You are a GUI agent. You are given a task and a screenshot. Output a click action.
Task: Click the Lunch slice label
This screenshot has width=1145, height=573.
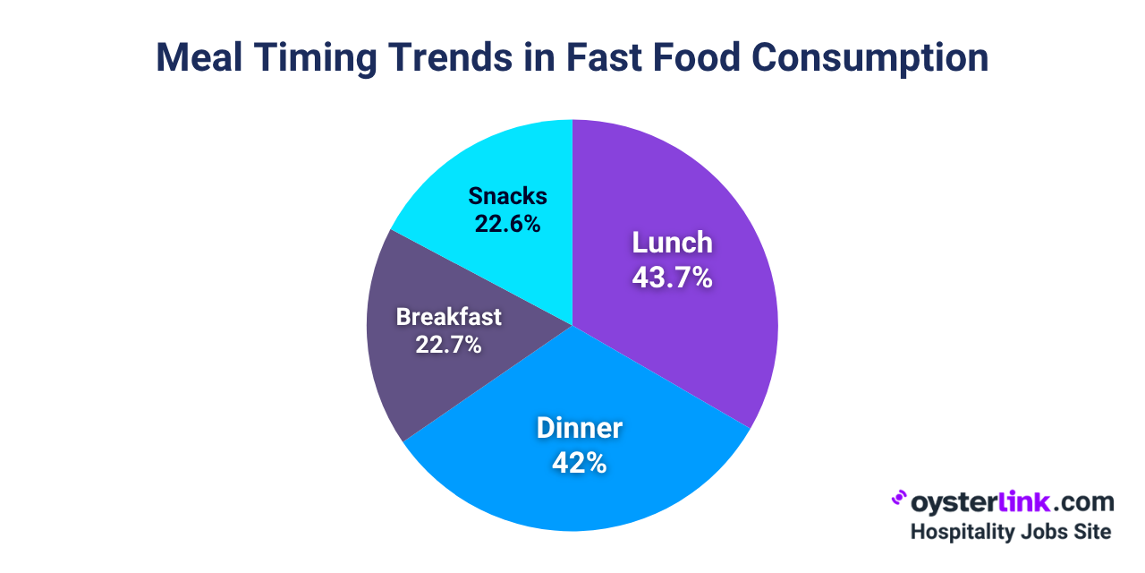point(672,243)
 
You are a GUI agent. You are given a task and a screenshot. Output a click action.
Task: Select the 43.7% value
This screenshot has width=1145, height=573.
point(672,278)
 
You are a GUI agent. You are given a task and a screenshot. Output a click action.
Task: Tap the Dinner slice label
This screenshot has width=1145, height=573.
point(579,428)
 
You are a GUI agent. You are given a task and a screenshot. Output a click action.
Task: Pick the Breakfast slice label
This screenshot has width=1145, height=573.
point(448,317)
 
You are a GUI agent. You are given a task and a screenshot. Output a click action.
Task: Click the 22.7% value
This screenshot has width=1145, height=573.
point(448,344)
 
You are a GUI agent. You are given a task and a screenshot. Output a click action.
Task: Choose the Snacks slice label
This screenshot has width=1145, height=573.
point(507,196)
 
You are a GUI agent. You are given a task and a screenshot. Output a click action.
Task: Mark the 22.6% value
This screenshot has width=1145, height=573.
point(507,223)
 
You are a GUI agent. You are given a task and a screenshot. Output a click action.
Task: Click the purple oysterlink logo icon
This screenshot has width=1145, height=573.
point(899,498)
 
